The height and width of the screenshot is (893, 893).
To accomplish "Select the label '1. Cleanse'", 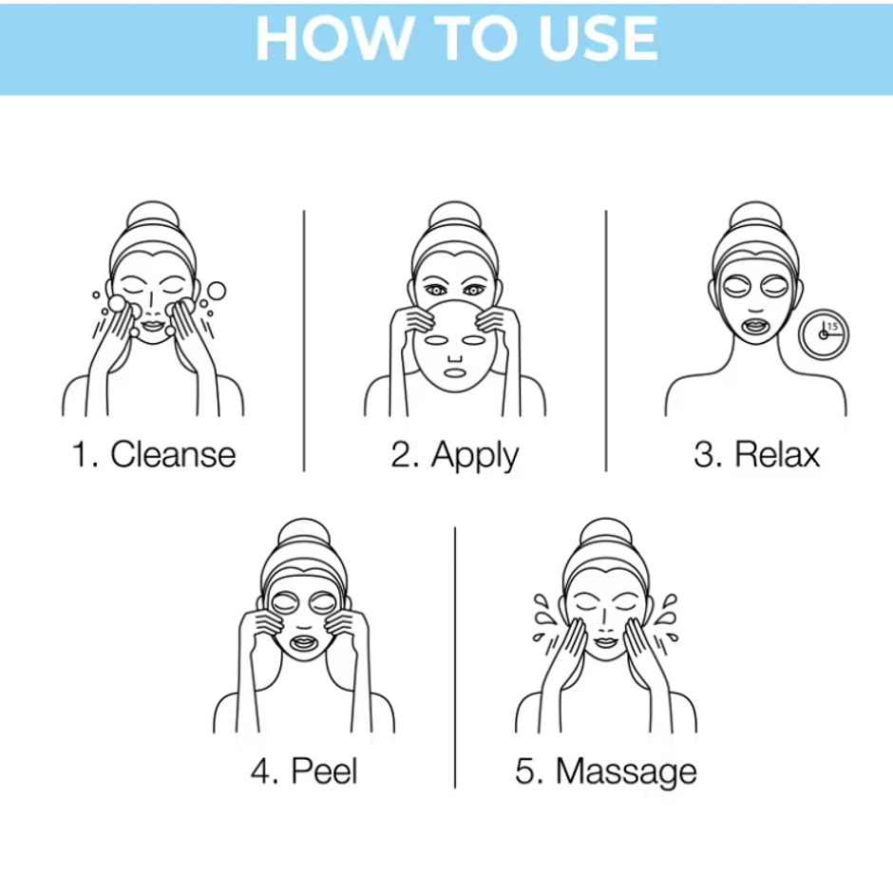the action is (154, 454).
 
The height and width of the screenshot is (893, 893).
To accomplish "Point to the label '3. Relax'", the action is (757, 454).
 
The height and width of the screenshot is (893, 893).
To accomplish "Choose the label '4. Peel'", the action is (304, 771).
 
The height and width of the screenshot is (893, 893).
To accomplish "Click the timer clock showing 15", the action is (824, 334).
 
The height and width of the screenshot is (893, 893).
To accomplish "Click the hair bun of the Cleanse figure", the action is (152, 216).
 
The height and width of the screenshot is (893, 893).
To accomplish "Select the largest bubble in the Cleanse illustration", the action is (216, 291).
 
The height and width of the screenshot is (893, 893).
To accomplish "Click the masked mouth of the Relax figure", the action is (756, 327).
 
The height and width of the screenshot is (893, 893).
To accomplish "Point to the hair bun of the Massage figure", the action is (606, 533).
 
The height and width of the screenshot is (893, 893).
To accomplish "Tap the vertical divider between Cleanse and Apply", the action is (304, 340).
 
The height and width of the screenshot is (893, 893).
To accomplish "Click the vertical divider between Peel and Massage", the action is (455, 657).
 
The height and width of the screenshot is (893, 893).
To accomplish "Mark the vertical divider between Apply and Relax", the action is (606, 340).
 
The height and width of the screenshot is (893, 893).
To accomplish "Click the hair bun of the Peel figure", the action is (304, 533).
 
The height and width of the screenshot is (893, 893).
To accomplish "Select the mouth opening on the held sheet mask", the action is (455, 373).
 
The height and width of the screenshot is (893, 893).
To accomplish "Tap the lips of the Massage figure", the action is (605, 642).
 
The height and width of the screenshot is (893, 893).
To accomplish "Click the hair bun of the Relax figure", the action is (756, 216).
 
